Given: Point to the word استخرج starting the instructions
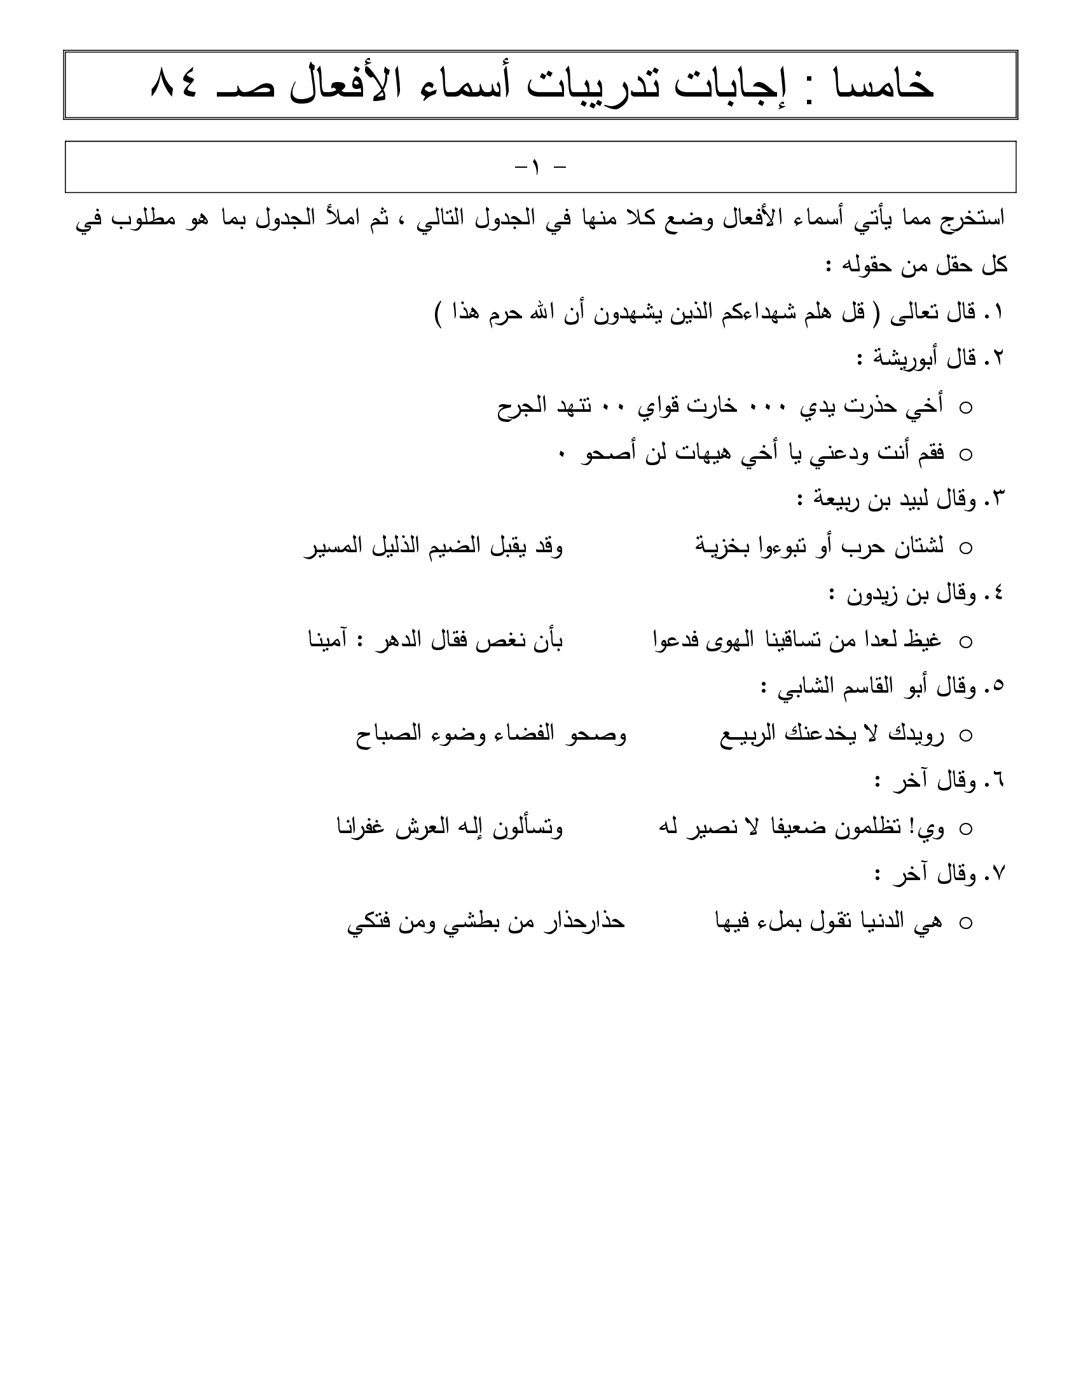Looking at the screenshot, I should (967, 219).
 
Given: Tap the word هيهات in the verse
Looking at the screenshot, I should (705, 453).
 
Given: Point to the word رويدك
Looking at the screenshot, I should (916, 734).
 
